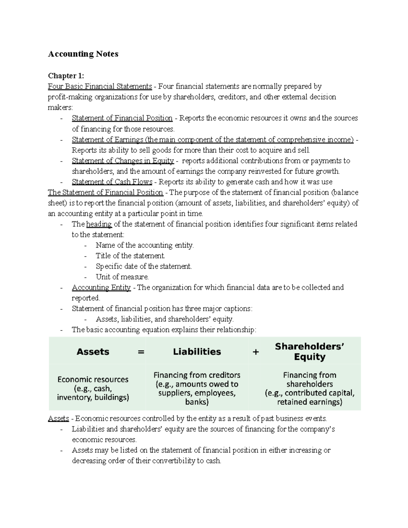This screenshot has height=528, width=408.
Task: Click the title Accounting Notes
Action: coord(83,54)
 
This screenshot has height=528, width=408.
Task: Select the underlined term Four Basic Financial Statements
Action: coord(100,86)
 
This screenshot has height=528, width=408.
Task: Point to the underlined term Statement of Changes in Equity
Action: coord(123,161)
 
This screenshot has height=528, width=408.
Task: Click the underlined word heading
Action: coord(99,224)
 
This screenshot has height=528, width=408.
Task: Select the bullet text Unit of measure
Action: coord(122,277)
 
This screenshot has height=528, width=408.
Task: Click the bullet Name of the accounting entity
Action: coord(144,245)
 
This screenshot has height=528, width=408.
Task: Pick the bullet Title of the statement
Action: coord(130,256)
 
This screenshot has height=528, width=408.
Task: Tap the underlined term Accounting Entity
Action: coord(101,288)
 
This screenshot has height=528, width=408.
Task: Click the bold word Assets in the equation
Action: coord(93,352)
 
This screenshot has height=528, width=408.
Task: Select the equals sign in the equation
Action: coord(141,352)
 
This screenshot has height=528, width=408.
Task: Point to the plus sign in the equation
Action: coord(256,352)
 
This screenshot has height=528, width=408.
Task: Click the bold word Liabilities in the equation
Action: coord(197,352)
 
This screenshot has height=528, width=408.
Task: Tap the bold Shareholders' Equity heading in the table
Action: coord(309,352)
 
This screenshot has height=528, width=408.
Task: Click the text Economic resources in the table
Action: coord(93,379)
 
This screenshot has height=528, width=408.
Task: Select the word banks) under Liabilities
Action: coord(197,402)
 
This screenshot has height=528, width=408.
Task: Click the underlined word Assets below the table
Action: coord(58,419)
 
